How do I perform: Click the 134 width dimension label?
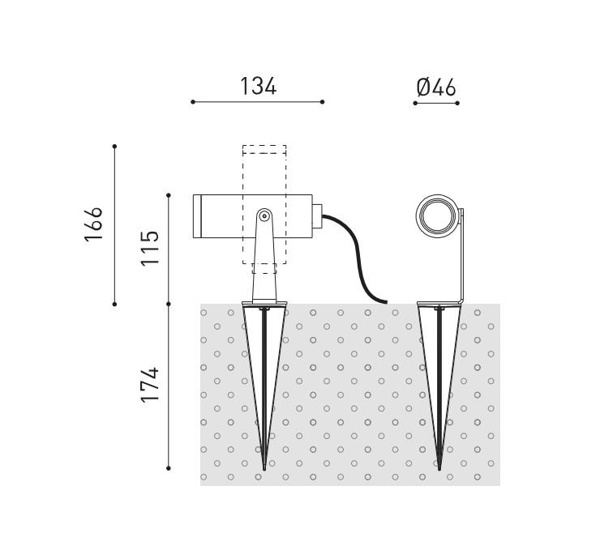pos(259,87)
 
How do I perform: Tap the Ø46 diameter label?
pos(436,87)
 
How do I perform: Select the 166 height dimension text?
pos(94,224)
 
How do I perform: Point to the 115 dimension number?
pos(150,249)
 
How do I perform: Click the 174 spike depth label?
pos(150,385)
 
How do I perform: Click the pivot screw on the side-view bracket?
pos(264,216)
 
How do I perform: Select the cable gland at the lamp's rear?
pos(317,216)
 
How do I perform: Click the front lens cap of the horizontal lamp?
pos(197,216)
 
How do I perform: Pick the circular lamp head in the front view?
pos(437,216)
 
